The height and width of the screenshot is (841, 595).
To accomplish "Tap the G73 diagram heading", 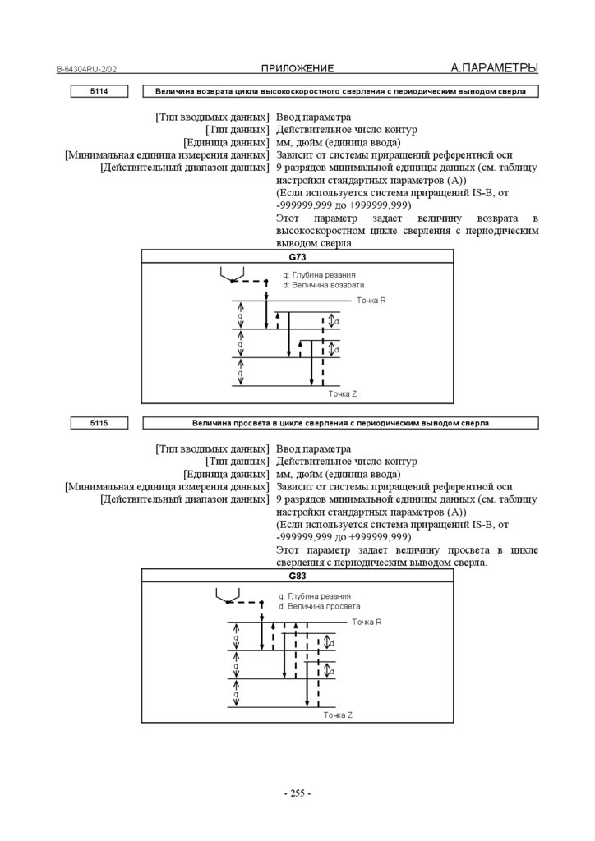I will tap(297, 257).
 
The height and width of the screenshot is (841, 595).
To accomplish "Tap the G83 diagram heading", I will tap(297, 577).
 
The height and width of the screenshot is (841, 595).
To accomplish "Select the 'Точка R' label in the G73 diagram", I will tap(371, 301).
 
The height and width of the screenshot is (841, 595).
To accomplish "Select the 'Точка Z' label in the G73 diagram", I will tap(343, 394).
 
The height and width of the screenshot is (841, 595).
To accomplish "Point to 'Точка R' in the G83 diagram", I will tap(367, 622).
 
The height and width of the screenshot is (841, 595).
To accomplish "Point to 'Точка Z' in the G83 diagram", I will tap(338, 715).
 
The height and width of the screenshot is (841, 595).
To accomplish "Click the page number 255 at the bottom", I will tap(297, 793).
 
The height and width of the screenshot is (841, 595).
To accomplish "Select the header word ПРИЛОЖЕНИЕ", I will tap(297, 68).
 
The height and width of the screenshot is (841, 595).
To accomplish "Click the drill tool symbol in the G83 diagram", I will tap(227, 595).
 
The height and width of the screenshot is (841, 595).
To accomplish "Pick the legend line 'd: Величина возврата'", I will tap(323, 285).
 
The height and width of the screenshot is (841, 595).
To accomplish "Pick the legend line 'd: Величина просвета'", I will tap(320, 605).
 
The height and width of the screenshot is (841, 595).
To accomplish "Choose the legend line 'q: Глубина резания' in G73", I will tap(320, 275).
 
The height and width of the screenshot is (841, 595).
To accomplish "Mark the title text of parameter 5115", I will tap(340, 423).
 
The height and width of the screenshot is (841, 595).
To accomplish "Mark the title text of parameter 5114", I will tap(340, 91).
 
